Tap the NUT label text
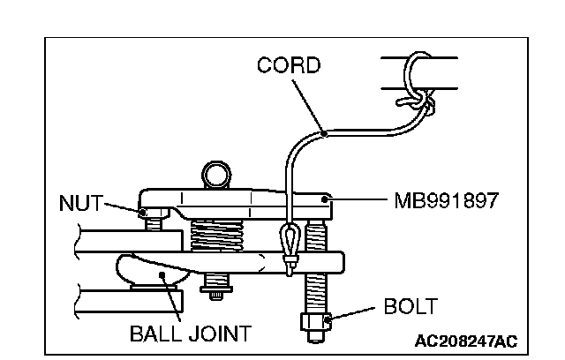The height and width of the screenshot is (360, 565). tap(81, 203)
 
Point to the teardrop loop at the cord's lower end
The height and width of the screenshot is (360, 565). tap(289, 237)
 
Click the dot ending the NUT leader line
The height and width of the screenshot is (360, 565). tap(142, 211)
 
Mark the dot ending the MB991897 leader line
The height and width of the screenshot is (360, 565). tap(328, 201)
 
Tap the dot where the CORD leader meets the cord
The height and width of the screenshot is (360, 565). tap(324, 133)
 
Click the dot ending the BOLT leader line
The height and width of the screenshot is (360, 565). tap(328, 319)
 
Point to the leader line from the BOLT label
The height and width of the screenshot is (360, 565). tap(353, 314)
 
